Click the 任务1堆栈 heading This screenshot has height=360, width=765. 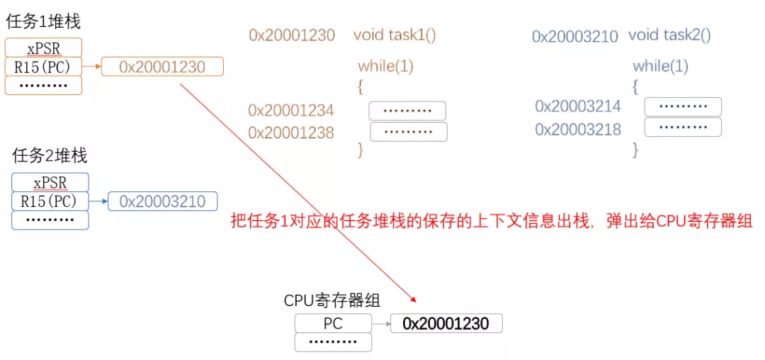pos(43,21)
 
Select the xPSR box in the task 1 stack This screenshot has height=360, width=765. pos(43,48)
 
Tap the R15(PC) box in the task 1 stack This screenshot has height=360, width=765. pos(43,67)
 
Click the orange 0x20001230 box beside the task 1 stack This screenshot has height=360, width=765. pos(162,67)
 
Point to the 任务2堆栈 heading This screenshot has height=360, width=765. pos(50,155)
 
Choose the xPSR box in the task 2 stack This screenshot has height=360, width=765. pos(50,182)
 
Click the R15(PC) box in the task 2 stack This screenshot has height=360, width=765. pos(50,201)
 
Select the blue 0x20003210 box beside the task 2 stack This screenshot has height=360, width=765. pos(162,201)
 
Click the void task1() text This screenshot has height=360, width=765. pos(395,35)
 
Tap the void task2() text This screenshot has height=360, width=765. pos(669,35)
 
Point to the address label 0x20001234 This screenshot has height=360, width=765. pos(291,111)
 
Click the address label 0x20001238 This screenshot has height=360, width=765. pos(291,133)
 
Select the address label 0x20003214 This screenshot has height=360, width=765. pos(578,106)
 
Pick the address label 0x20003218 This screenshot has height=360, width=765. pos(578,129)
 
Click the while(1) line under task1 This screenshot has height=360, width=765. pos(385,67)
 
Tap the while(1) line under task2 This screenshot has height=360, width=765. pos(660,67)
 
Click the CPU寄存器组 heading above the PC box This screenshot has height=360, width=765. pos(332,300)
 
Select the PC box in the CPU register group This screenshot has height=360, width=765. pos(333,324)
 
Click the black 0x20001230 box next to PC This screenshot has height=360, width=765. pos(446,324)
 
